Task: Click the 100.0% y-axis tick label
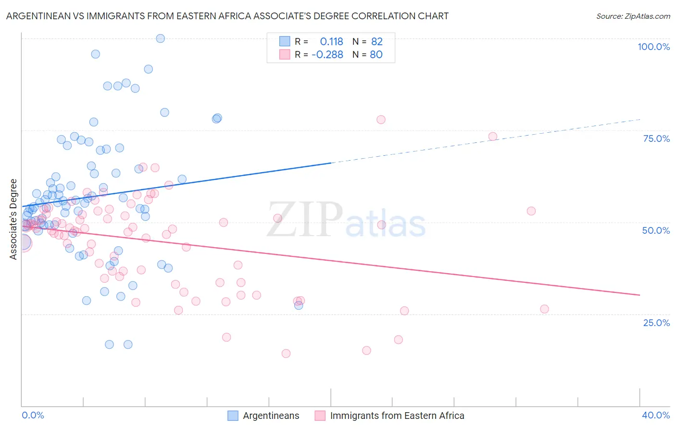click(653, 47)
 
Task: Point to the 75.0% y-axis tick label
click(656, 139)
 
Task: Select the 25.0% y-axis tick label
click(656, 323)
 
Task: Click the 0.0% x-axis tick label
click(33, 415)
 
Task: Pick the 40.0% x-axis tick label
click(656, 415)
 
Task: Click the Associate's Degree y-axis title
click(13, 219)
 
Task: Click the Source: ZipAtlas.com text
click(633, 16)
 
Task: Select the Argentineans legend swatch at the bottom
click(233, 416)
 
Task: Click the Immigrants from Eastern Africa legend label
click(397, 416)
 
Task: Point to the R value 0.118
click(331, 42)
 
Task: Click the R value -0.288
click(327, 55)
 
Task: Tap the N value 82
click(376, 42)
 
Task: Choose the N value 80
click(376, 55)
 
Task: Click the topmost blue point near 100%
click(161, 38)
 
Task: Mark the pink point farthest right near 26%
click(544, 309)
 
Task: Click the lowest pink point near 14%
click(286, 353)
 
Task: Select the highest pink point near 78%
click(381, 120)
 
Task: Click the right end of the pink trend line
click(639, 295)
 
